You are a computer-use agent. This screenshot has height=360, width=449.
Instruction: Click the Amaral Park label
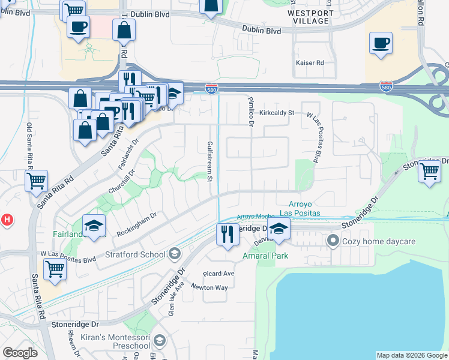click(x=265, y=256)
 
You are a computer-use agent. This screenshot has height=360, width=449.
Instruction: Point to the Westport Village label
click(x=308, y=17)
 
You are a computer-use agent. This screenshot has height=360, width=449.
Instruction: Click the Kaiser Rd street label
click(x=310, y=62)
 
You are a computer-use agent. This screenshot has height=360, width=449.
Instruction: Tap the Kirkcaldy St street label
click(x=277, y=112)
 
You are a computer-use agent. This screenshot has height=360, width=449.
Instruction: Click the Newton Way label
click(x=209, y=287)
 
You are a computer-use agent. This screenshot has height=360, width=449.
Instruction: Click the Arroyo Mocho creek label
click(x=255, y=216)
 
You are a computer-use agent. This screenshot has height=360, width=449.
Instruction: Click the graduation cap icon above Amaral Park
click(x=279, y=229)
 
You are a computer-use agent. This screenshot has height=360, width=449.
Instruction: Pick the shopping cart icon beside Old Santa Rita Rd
click(x=37, y=179)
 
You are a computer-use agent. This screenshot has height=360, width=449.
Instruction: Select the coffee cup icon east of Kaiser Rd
click(x=381, y=43)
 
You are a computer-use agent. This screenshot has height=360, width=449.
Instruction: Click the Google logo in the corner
click(x=20, y=353)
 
